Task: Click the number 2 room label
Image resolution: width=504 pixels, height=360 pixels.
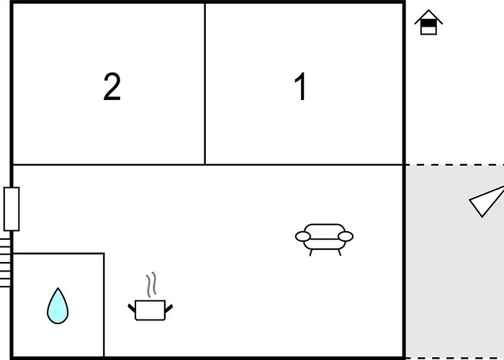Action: (112, 86)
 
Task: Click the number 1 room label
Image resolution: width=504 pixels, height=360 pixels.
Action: (300, 86)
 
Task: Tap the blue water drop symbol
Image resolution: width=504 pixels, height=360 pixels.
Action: (58, 306)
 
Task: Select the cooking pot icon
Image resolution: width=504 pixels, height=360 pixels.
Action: (150, 310)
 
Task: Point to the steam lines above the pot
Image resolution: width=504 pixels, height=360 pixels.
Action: (151, 284)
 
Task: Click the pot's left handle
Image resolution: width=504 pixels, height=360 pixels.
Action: (132, 308)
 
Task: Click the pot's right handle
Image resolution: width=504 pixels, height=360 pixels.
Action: (168, 308)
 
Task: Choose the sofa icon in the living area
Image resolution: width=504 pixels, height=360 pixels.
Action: (324, 240)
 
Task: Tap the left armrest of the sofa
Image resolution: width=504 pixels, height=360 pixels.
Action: (303, 237)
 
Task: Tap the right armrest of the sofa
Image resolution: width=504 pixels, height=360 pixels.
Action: (346, 237)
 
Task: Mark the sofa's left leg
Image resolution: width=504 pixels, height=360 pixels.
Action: (311, 253)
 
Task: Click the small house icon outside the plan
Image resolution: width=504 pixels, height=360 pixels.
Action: (428, 22)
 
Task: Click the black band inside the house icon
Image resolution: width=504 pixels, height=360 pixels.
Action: (428, 23)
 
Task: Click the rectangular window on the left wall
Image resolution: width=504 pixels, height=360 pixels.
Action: (12, 209)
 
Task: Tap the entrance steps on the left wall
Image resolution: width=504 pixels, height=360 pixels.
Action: (5, 263)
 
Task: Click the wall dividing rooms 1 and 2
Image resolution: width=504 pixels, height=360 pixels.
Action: (204, 84)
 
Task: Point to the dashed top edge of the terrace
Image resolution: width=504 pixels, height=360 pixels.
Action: (454, 165)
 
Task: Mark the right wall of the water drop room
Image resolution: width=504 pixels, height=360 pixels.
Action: (104, 305)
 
